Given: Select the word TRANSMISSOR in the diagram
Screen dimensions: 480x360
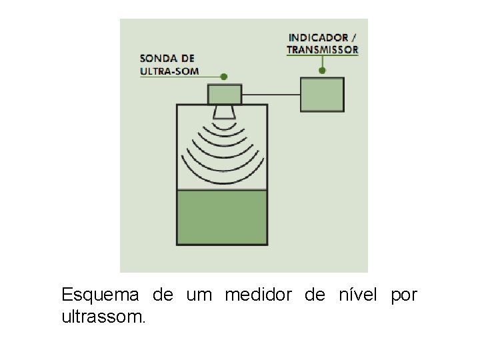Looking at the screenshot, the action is point(323,49).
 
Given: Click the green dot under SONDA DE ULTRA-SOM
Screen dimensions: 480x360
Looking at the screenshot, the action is point(224,77).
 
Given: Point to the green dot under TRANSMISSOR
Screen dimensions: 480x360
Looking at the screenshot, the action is point(323,70).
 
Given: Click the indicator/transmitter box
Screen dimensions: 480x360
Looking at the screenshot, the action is point(323,95).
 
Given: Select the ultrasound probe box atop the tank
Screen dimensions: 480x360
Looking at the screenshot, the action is point(225,94).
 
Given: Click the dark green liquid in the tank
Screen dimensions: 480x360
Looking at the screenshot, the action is point(222,217).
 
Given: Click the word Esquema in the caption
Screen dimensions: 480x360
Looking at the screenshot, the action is point(100,295).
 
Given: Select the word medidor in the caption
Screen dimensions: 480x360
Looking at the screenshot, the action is point(259,295).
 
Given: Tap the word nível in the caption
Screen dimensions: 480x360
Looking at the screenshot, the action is point(360,295).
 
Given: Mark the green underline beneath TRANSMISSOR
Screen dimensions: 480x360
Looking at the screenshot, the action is point(323,56).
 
